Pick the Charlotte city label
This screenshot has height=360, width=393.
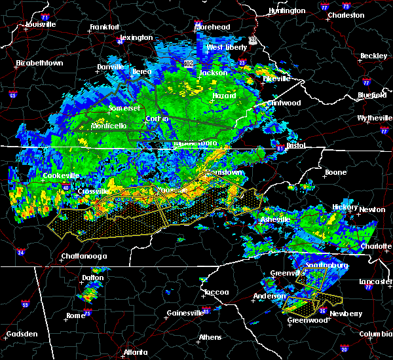pos(376,247)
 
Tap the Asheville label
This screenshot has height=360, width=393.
pos(274,219)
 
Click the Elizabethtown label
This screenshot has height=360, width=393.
pos(39,63)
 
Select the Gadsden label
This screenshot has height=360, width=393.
pos(21,334)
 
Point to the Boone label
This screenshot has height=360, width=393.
pos(335,173)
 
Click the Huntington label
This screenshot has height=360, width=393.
pos(287,10)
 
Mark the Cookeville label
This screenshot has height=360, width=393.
pos(61,175)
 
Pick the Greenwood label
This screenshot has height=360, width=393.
pos(308,320)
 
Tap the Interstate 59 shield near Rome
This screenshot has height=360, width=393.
pos(25,304)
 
